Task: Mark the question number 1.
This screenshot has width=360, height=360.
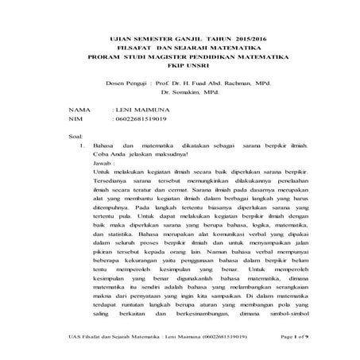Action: (83, 146)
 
